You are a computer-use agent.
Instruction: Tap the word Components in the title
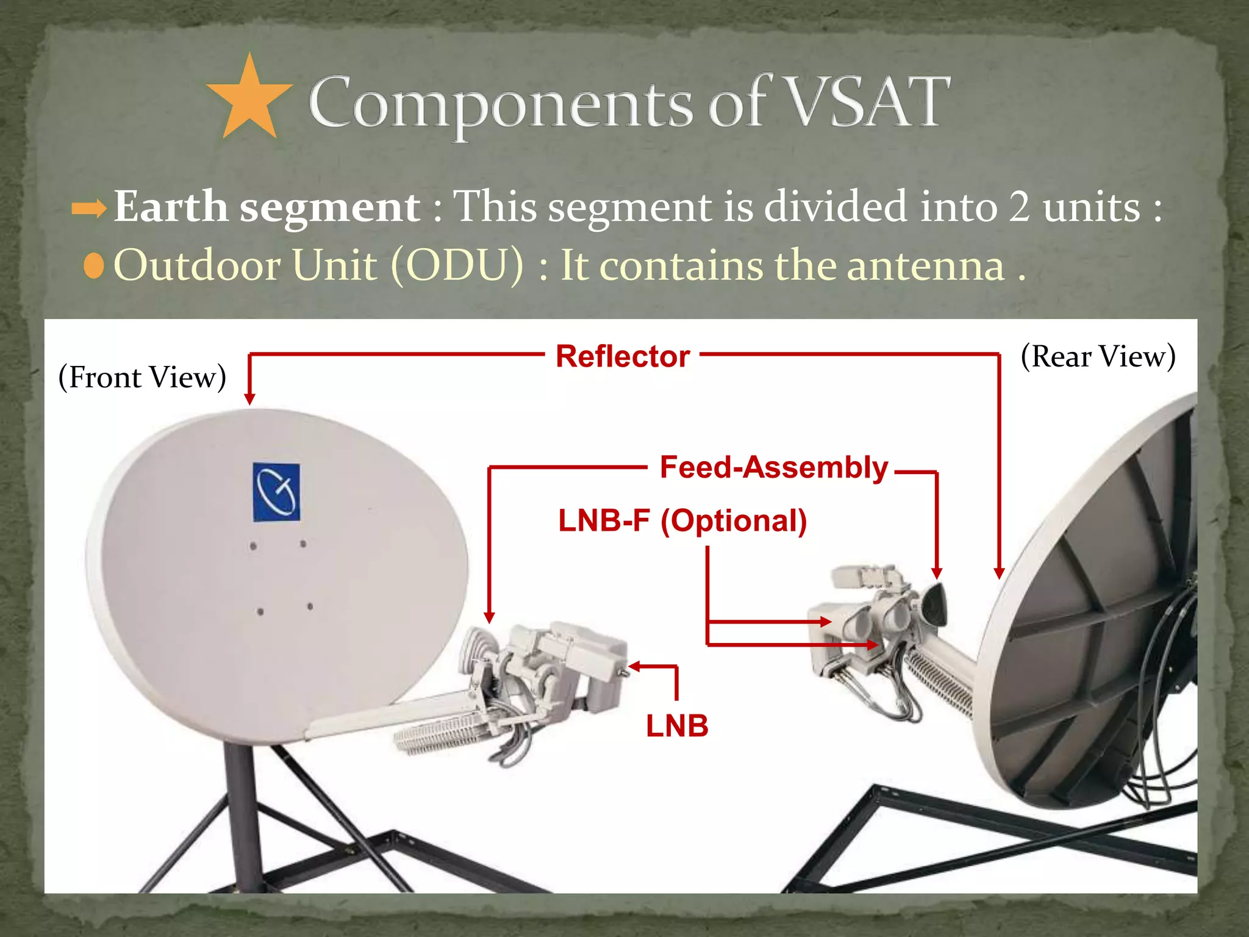(500, 104)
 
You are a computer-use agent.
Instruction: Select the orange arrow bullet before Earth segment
(89, 209)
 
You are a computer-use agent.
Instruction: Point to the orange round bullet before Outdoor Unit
(94, 267)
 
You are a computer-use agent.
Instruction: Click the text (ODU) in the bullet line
(457, 265)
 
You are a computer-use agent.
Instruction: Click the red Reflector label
(622, 356)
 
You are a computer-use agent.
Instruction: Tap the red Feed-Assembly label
(774, 468)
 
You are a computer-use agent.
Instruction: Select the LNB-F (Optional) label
(682, 521)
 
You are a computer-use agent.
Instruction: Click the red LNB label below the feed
(677, 726)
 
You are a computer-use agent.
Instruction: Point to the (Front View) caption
(142, 377)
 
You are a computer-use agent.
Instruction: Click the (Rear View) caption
(1098, 356)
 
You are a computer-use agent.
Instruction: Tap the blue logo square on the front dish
(276, 492)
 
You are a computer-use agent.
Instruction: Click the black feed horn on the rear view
(933, 604)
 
